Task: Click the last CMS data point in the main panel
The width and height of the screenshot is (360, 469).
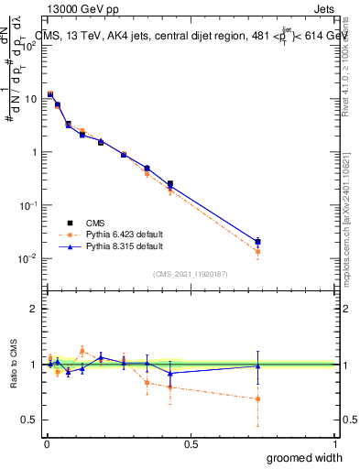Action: tap(258, 242)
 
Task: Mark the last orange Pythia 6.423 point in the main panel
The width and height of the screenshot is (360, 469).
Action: tap(258, 251)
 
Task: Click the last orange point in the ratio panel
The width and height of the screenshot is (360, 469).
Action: tap(258, 398)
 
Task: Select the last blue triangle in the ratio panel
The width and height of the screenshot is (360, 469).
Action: tap(258, 365)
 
